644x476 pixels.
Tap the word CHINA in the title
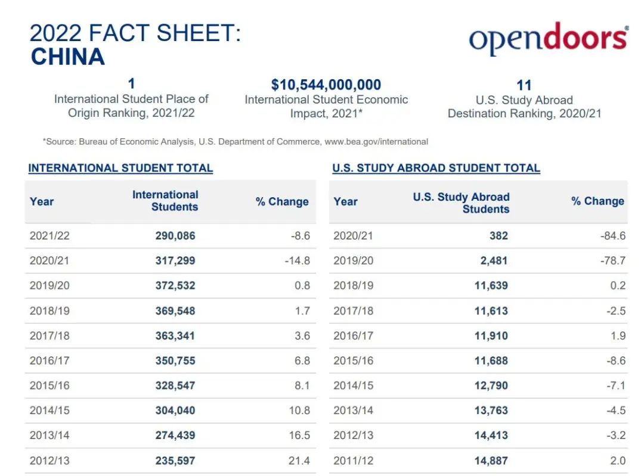[x=67, y=57]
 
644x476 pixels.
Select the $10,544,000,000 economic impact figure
[x=326, y=85]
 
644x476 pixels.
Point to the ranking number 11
[x=524, y=85]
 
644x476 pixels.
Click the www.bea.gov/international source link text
[x=376, y=142]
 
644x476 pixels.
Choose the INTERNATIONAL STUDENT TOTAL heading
[x=120, y=168]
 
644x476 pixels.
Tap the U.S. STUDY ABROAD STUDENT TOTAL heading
[x=436, y=168]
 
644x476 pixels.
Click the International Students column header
[x=165, y=201]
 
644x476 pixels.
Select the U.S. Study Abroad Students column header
[x=461, y=203]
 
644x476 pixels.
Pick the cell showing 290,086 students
[x=175, y=236]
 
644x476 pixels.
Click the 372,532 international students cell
[x=175, y=285]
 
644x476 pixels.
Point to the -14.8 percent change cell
[x=298, y=261]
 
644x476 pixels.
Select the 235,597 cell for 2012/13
[x=175, y=461]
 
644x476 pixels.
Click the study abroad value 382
[x=498, y=236]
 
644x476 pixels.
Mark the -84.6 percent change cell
[x=613, y=236]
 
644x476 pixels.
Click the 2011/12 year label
[x=353, y=461]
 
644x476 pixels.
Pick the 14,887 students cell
[x=491, y=461]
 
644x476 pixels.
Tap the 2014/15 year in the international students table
[x=49, y=410]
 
